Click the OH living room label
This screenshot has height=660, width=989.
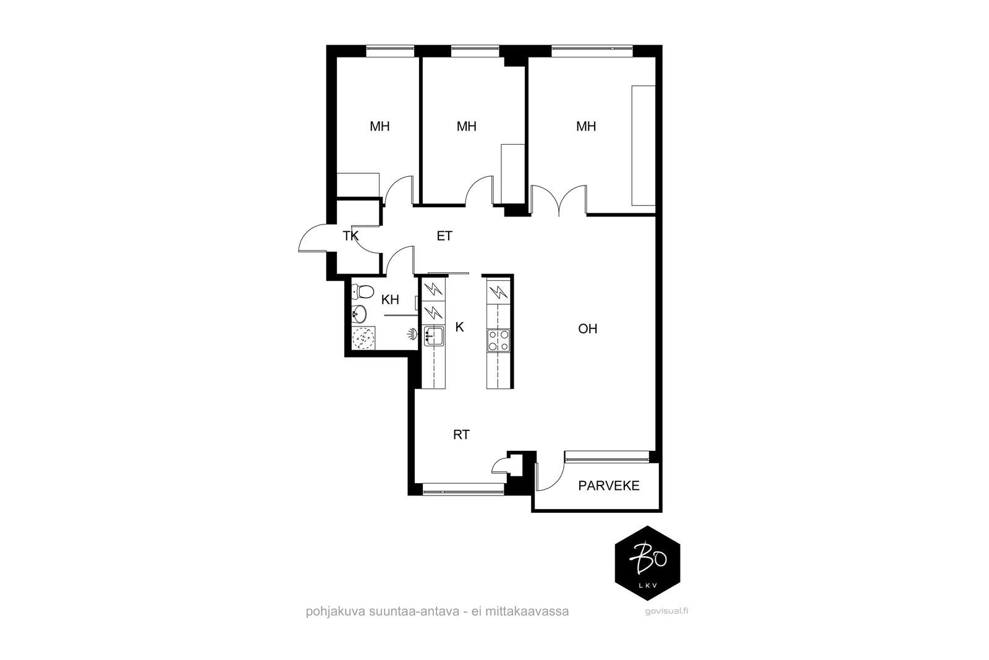click(x=587, y=328)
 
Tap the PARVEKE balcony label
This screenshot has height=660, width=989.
click(x=609, y=486)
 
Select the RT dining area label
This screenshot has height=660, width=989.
click(x=461, y=435)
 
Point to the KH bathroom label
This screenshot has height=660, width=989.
click(x=390, y=300)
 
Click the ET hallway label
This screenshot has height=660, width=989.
click(x=444, y=236)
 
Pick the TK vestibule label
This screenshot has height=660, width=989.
click(x=350, y=236)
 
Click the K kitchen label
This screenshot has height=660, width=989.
click(x=460, y=327)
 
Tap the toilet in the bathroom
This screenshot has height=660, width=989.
click(x=362, y=291)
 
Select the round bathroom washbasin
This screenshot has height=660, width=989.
click(x=359, y=315)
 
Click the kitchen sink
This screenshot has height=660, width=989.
click(x=433, y=336)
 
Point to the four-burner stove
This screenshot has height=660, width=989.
click(x=498, y=341)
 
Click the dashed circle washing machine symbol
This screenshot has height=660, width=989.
click(x=363, y=338)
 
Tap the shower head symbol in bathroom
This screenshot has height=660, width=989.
click(x=412, y=335)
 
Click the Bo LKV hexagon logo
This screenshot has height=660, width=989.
click(x=647, y=564)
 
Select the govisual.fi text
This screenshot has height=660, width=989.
click(x=666, y=611)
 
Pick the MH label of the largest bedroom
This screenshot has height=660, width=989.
click(x=586, y=126)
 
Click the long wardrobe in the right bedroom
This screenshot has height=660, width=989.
click(x=643, y=146)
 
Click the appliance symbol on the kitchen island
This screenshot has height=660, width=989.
click(x=498, y=291)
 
